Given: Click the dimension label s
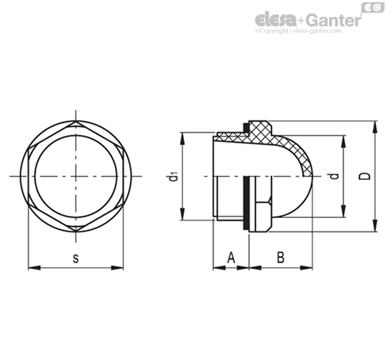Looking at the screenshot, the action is [76, 259].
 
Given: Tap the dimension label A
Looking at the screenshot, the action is [231, 258].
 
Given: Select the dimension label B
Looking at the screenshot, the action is [281, 258].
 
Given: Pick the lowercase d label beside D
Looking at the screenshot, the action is [335, 176].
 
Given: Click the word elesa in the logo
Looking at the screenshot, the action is [276, 20].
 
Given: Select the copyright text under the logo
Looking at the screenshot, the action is [298, 31].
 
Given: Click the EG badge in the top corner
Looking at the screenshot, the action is [373, 7].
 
